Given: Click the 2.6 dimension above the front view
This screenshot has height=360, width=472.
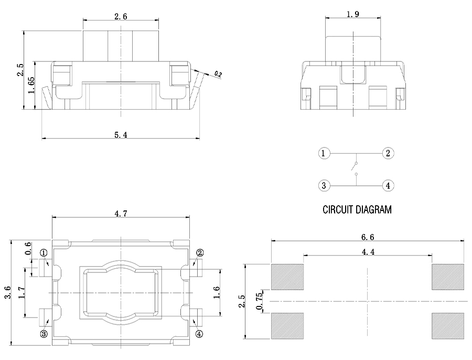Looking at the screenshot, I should point(121,16).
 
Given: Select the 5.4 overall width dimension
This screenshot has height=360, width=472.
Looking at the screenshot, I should point(121,135).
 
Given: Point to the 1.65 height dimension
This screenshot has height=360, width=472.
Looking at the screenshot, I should point(31,85).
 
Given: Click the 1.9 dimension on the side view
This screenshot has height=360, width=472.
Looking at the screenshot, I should point(353,14).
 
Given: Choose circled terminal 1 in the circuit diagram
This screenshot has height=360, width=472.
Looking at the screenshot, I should point(324,153).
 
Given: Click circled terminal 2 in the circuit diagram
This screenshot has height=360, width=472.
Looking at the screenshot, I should point(388,153).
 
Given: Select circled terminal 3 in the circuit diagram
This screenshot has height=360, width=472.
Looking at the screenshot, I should point(324,185).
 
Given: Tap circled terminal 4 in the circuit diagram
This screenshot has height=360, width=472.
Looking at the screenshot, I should point(388,185).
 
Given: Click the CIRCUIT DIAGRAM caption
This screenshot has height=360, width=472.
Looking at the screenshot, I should point(357,210).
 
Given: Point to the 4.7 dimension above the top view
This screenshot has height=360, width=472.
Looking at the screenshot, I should point(121,213).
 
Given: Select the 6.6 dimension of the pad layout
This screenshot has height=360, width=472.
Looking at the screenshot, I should point(367,237).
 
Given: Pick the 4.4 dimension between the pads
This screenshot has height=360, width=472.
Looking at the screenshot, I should point(367,252).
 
